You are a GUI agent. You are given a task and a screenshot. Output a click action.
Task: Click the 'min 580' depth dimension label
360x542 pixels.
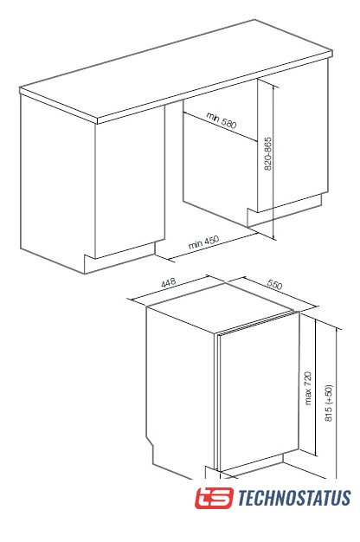pyautogui.click(x=222, y=120)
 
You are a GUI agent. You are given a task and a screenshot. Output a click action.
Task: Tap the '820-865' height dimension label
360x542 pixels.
pyautogui.click(x=268, y=154)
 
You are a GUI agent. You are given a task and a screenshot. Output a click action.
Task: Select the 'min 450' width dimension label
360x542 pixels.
pyautogui.click(x=204, y=242)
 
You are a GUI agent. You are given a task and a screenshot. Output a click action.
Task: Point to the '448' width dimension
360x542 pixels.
pyautogui.click(x=169, y=283)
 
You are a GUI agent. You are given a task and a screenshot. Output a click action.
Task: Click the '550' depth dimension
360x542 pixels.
pyautogui.click(x=274, y=284)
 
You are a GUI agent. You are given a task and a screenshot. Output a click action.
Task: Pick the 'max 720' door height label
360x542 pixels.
pyautogui.click(x=308, y=388)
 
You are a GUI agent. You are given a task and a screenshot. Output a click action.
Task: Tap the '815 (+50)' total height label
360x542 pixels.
pyautogui.click(x=329, y=403)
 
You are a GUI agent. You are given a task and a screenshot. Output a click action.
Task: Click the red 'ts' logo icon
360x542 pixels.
pyautogui.click(x=214, y=498)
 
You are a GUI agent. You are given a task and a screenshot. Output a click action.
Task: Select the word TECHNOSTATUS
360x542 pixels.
pyautogui.click(x=294, y=498)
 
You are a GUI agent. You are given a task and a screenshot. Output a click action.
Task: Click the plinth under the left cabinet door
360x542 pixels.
pyautogui.click(x=119, y=257)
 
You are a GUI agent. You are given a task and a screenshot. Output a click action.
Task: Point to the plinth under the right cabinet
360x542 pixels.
pyautogui.click(x=285, y=210)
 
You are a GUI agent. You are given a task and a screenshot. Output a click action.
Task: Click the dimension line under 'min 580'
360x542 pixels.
pyautogui.click(x=220, y=126)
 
